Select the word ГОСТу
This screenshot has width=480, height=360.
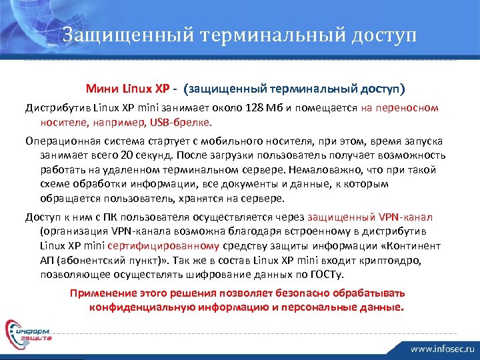click(335, 275)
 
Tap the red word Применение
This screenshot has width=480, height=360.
click(102, 293)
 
